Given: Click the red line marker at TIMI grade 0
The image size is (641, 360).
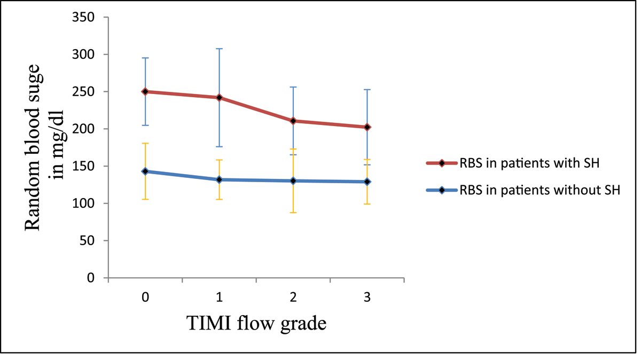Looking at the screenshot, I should [x=145, y=91].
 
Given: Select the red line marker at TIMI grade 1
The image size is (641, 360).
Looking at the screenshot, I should [x=219, y=97].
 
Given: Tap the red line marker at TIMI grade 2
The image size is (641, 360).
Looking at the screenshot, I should [x=293, y=121].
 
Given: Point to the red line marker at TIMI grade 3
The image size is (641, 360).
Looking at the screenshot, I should [x=367, y=127].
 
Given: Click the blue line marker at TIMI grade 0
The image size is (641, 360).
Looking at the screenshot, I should [x=145, y=171].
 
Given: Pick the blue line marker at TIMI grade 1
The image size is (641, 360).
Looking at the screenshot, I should [x=219, y=179].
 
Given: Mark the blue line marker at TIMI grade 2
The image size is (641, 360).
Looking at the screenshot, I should [x=293, y=181].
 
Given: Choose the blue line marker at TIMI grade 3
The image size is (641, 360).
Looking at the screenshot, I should [x=367, y=182].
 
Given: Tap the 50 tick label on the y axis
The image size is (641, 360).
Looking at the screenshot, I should [x=89, y=240].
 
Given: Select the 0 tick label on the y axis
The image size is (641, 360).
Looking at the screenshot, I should [x=92, y=278].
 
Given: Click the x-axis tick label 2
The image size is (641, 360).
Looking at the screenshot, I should [x=293, y=298].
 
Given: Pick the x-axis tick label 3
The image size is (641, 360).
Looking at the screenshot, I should [x=367, y=298].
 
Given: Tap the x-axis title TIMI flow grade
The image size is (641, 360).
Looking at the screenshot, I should [x=256, y=323].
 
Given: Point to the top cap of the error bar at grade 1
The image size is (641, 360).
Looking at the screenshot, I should [x=219, y=49].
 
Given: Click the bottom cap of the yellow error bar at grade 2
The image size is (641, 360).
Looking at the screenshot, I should [x=293, y=213].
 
